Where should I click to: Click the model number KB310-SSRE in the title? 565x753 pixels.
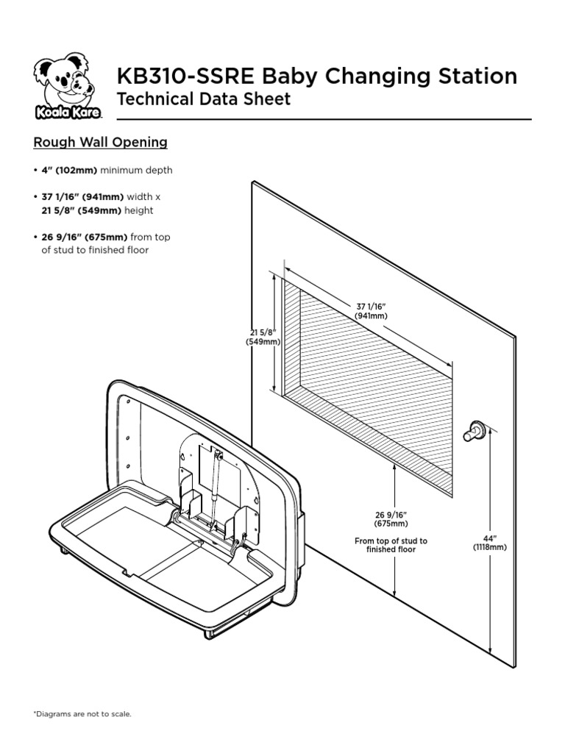(185, 76)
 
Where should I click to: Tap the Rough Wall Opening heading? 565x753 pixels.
(100, 142)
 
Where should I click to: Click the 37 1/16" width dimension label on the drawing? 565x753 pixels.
(372, 311)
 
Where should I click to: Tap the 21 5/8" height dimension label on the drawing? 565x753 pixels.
(263, 338)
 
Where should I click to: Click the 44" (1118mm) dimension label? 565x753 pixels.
(489, 543)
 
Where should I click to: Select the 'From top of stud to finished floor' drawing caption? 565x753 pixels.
(391, 545)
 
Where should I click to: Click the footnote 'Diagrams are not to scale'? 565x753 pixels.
(82, 713)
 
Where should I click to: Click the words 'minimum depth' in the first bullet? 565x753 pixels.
(137, 171)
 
